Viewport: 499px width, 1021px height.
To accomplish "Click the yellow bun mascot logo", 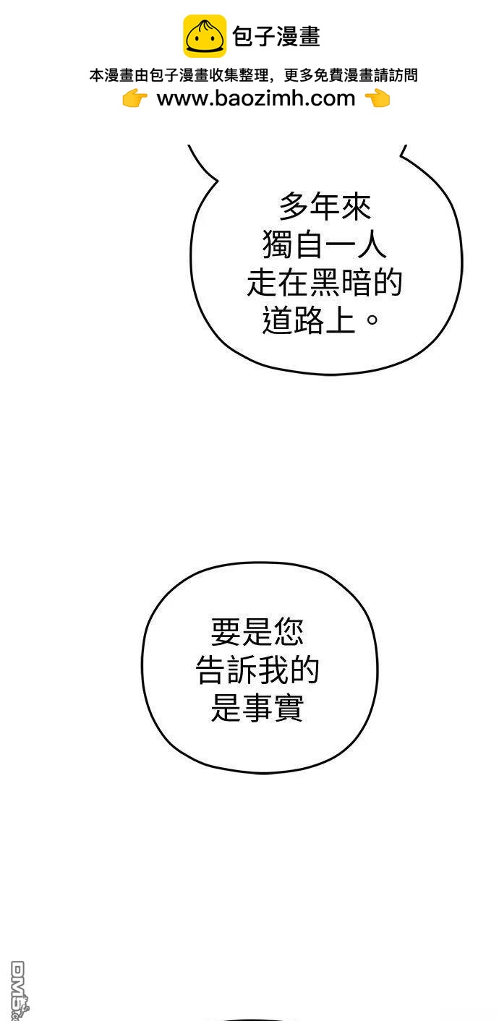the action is point(204,36).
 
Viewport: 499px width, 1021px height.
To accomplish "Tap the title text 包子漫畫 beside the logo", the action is point(276,37).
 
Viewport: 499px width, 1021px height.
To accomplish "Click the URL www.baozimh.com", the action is point(256,98).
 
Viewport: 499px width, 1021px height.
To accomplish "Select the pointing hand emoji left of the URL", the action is point(135,99).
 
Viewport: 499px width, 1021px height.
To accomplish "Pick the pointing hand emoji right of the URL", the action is point(378,99).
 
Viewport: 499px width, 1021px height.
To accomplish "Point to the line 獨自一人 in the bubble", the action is point(325,246).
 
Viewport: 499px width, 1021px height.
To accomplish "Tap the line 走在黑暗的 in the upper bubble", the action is point(325,283).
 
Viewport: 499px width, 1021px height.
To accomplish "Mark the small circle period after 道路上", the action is point(373,320).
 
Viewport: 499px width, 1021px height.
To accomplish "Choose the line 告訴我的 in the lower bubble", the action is point(257,671).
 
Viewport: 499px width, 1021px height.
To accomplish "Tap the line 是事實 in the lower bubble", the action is point(257,709).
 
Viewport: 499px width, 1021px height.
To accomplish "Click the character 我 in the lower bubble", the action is point(273,671).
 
